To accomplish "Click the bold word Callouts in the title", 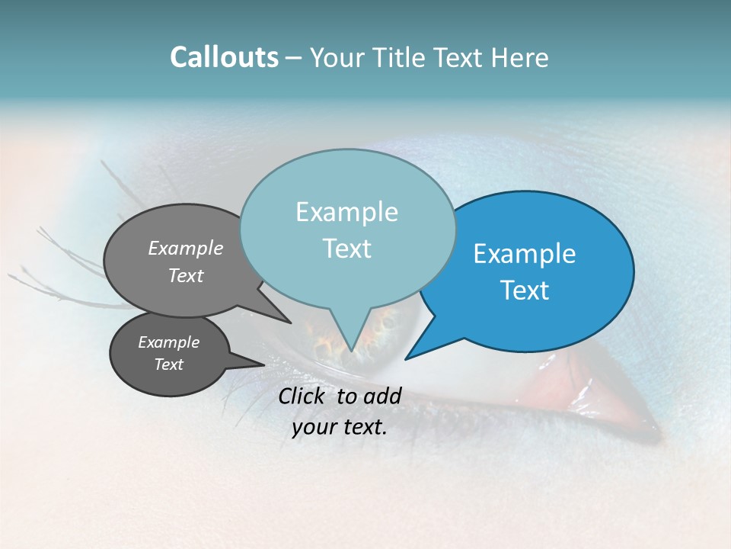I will click(x=224, y=57).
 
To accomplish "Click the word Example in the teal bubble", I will click(x=346, y=212).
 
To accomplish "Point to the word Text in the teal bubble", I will click(x=346, y=249).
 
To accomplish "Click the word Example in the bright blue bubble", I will click(x=525, y=254).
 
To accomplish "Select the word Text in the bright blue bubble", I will click(x=525, y=291).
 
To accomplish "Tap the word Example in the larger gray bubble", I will click(x=186, y=248).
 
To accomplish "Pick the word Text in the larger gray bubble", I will click(x=186, y=275).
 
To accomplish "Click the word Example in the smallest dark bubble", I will click(x=168, y=342).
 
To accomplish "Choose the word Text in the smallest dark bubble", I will click(x=168, y=364).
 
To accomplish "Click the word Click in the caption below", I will click(x=303, y=396).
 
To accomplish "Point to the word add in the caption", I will click(x=382, y=396).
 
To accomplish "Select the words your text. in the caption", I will click(x=340, y=427).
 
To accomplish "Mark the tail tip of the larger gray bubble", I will click(x=289, y=322).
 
